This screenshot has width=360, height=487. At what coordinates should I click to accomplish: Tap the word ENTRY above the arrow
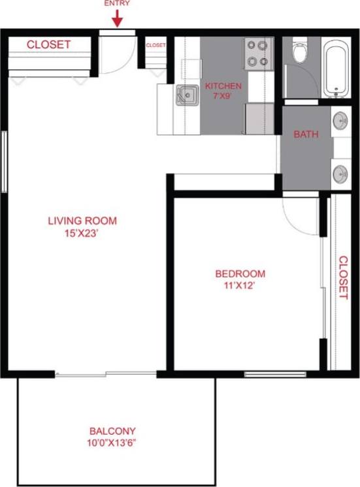coord(117,3)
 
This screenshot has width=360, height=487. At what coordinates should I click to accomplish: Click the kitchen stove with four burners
coord(259,53)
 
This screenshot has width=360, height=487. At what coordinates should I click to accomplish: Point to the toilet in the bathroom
coord(301,52)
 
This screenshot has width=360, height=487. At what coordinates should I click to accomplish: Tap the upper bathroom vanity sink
coord(340,121)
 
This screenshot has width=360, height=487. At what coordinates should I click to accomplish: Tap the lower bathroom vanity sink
coord(340,174)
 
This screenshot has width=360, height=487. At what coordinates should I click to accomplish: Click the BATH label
coord(306,134)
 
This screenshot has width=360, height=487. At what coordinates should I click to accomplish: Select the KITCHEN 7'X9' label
coord(223,91)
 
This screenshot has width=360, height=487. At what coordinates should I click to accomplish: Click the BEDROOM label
coord(240,274)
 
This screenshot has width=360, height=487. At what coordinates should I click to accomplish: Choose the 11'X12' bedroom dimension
coord(240,285)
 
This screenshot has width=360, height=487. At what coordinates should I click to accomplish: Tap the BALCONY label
coord(112,431)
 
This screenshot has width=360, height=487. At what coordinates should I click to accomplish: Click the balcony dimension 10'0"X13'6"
coord(112,442)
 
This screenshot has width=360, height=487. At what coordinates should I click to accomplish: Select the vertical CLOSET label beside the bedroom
coord(343,277)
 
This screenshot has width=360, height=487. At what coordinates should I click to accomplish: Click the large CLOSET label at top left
coord(48,44)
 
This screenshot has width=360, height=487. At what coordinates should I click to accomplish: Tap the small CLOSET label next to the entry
coord(155,45)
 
